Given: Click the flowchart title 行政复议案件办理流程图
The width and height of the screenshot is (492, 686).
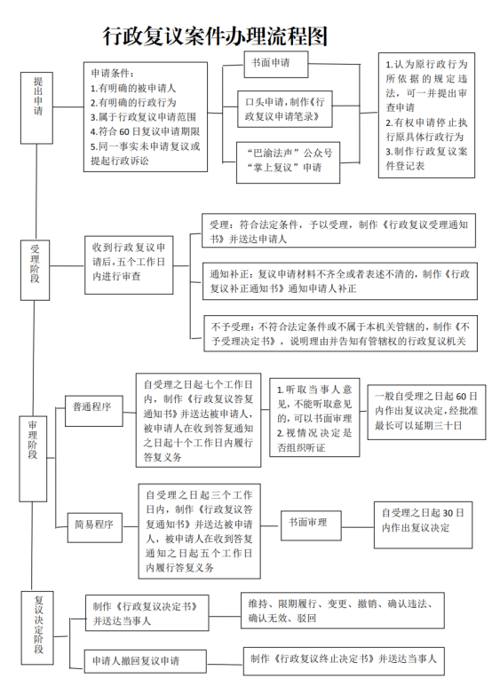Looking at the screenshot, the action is pos(215,36).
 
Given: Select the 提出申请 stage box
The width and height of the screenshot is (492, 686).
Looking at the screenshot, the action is pos(36,108).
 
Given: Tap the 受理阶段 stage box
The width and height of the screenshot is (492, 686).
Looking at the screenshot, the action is pos(35,270).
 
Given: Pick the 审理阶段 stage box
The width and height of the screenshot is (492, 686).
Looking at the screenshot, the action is pos(33,459).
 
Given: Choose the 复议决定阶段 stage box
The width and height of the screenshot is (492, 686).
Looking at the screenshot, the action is pos(37,628).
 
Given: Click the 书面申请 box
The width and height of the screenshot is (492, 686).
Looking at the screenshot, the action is pos(276,64).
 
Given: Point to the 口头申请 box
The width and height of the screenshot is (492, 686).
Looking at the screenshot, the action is pos(285,109).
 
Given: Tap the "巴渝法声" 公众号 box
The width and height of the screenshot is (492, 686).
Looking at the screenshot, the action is pos(288,162).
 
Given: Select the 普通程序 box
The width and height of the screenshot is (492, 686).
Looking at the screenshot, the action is pos(93,411).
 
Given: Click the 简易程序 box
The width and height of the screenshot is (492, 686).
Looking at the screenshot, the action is pos(94,527).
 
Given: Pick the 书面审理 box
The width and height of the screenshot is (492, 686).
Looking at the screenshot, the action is pos(311,525).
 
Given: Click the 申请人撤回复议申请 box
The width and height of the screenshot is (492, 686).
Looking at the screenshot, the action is pos(145,660).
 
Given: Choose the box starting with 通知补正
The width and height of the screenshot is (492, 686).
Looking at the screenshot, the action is pos(339,280).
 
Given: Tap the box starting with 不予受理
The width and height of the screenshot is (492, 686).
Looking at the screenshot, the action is pos(340,333).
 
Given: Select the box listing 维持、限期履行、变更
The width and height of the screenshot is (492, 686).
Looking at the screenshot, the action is pos(343,611).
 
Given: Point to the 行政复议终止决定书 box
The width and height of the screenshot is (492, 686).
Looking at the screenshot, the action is pos(344,660).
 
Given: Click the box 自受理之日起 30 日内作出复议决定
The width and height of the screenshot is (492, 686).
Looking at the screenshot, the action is pos(424,524).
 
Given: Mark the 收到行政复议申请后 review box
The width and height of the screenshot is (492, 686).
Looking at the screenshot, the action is pos(129,264).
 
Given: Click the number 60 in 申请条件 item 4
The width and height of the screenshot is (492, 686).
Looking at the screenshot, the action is pos(124,131).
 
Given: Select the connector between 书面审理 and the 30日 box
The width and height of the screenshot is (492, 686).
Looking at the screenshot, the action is pos(358,527).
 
